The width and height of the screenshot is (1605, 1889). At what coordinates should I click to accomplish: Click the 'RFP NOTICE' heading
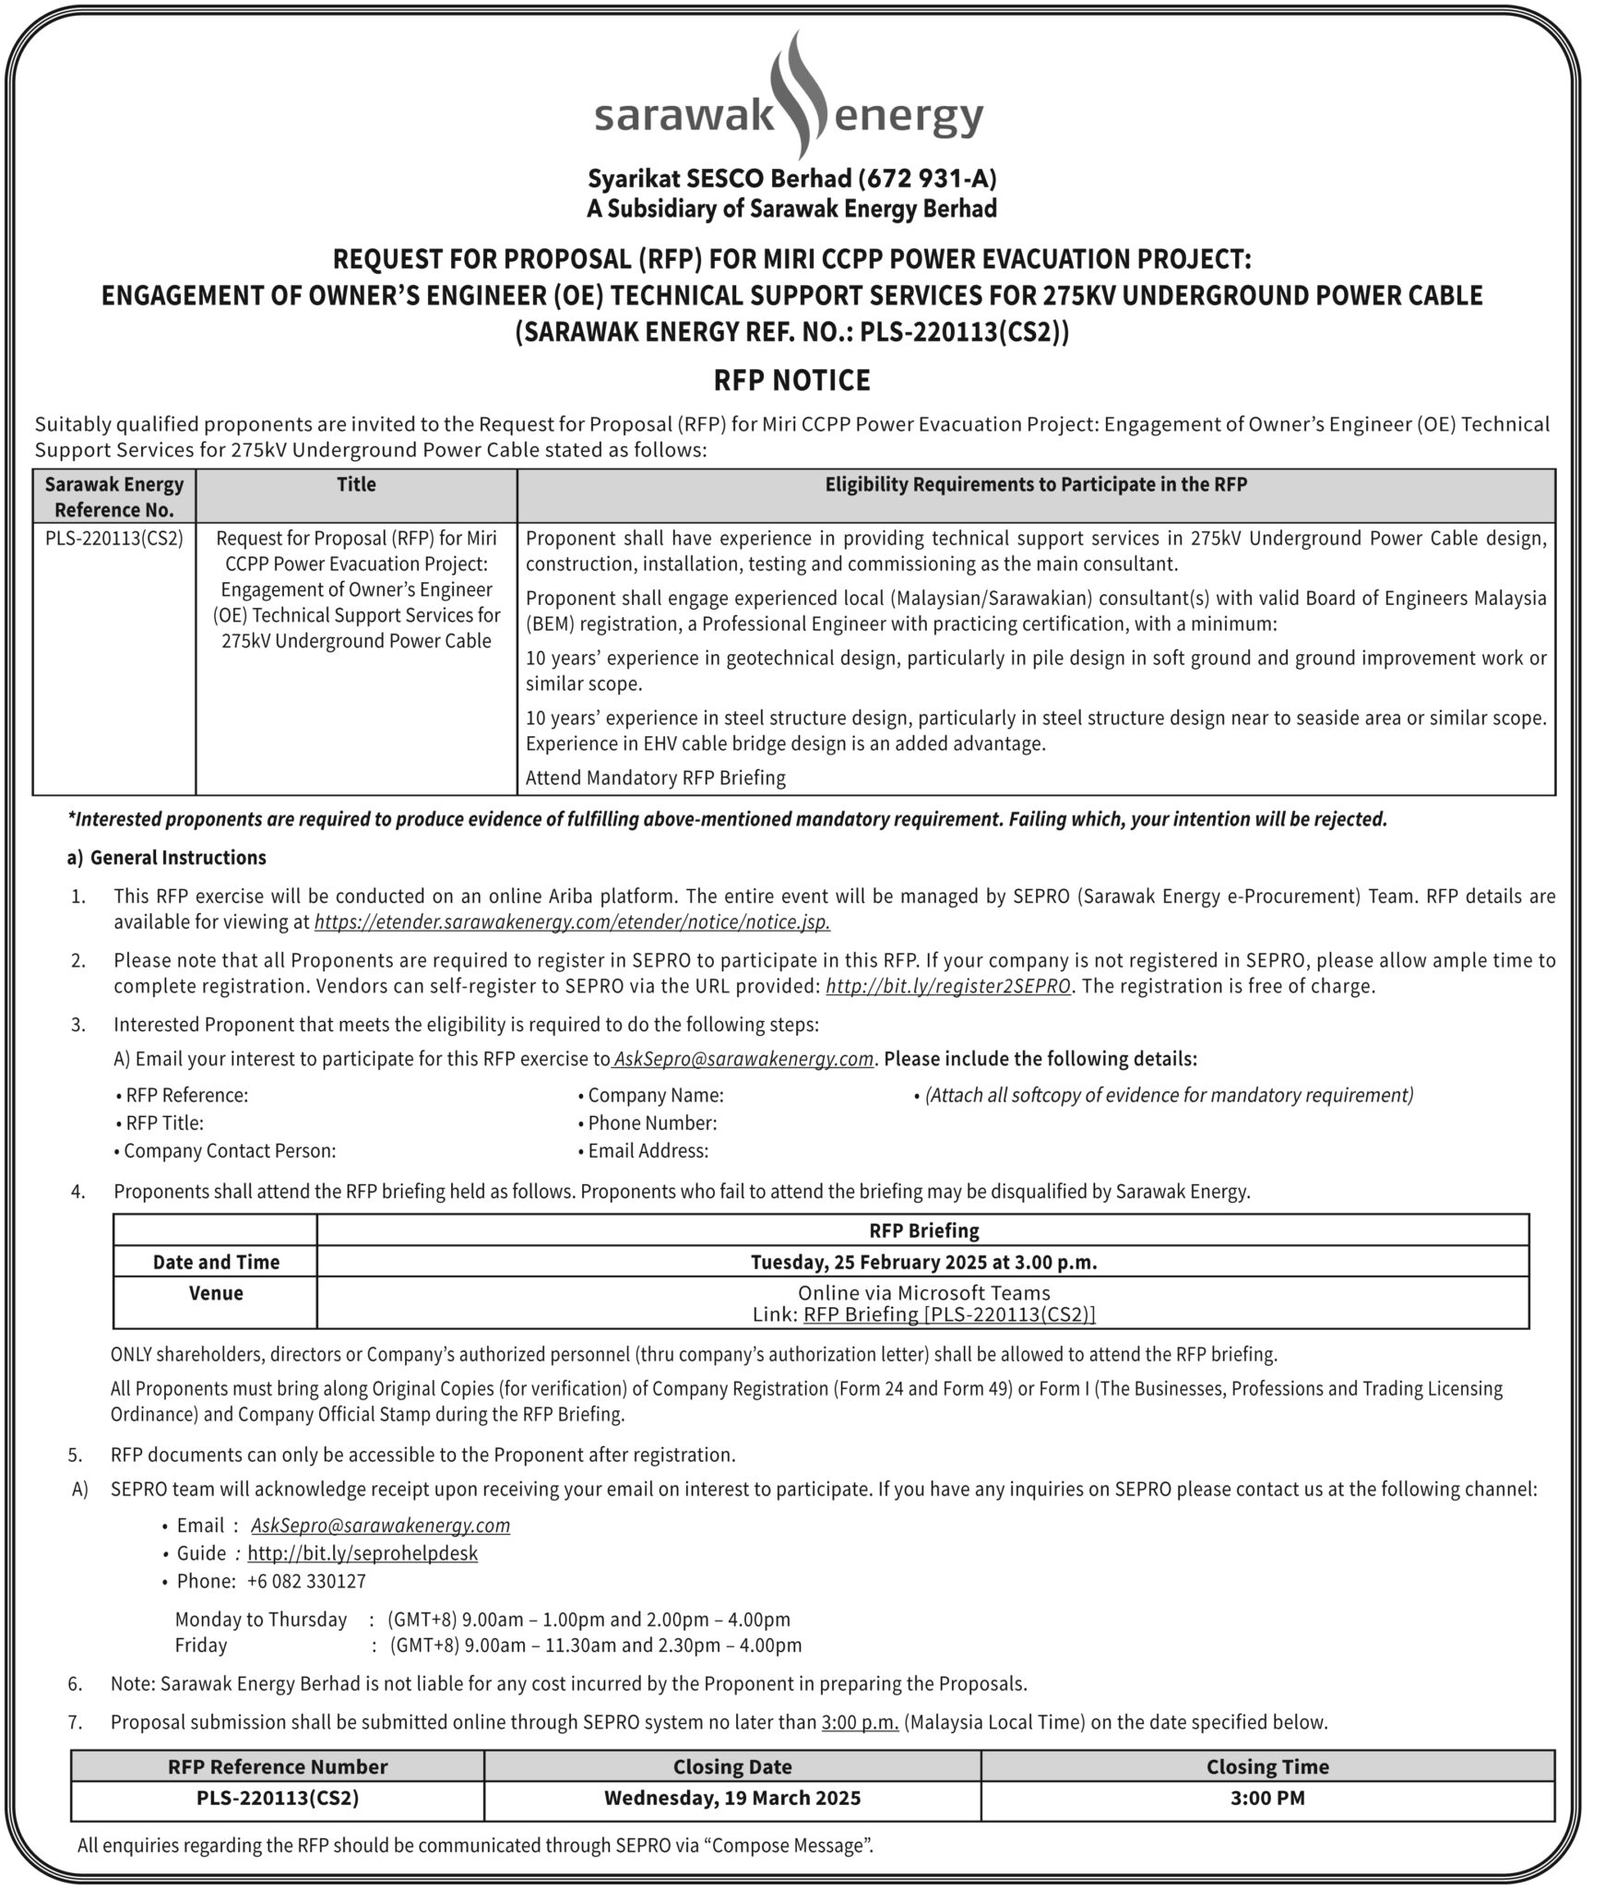(791, 380)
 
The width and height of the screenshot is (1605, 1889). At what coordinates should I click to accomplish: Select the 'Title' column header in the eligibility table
(356, 484)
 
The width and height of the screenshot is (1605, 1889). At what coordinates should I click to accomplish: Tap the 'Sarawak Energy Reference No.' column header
(114, 496)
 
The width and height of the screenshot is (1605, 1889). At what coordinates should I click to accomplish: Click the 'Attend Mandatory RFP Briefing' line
(655, 778)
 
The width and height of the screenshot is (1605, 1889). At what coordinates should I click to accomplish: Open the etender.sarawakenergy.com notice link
(572, 921)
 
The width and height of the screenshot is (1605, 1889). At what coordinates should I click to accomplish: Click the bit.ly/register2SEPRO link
(948, 986)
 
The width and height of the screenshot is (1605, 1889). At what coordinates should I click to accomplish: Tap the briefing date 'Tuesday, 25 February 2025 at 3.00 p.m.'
(923, 1261)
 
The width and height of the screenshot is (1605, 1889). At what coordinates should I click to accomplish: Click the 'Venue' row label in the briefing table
(216, 1293)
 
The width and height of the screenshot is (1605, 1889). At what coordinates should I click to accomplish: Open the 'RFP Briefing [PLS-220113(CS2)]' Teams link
(949, 1314)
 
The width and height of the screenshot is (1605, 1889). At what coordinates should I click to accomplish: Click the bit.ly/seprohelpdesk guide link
(363, 1552)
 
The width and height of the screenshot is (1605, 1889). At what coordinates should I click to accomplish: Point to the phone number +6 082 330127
(306, 1581)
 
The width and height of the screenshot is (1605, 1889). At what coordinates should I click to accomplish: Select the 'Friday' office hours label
(201, 1645)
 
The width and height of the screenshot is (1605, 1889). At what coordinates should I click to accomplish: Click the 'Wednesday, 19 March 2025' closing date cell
(732, 1797)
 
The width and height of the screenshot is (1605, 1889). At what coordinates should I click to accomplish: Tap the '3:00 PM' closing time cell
(1267, 1797)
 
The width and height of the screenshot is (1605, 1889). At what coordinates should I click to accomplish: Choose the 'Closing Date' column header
(732, 1766)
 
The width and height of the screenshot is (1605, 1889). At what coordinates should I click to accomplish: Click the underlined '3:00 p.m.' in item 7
(860, 1721)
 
